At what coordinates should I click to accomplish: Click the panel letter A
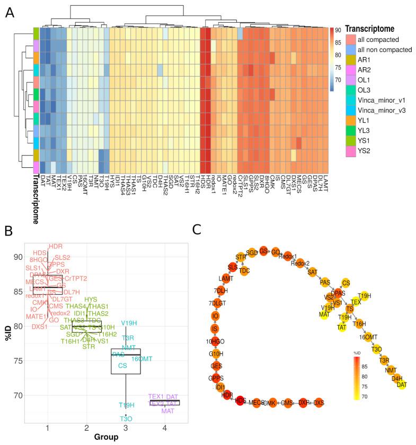(x=10, y=12)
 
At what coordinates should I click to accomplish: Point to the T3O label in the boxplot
(x=126, y=419)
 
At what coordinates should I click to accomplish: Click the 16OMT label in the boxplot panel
(x=141, y=359)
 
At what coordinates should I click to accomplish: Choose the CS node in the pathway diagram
(x=346, y=283)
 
